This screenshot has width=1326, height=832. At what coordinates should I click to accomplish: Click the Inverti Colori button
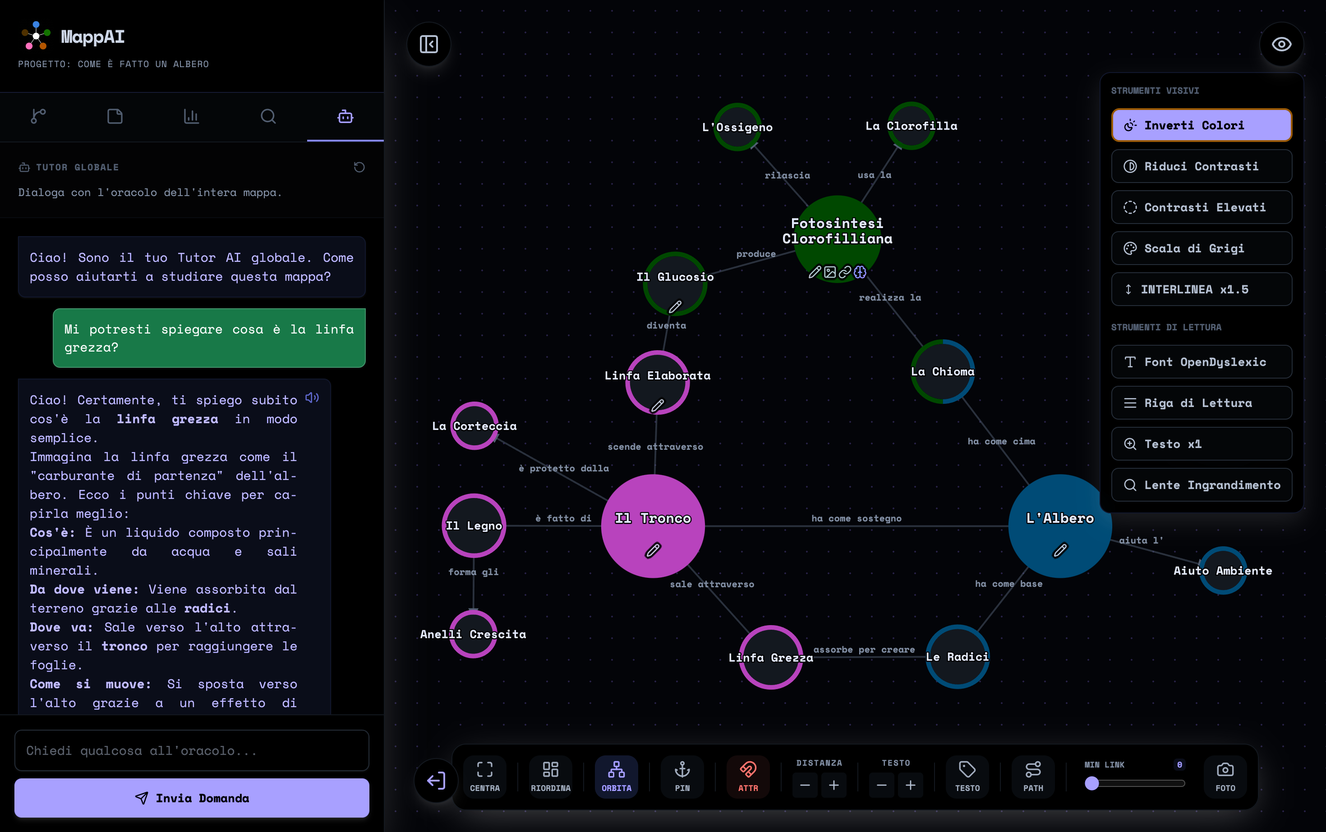click(x=1201, y=125)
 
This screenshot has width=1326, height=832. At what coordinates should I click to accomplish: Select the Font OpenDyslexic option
click(x=1201, y=362)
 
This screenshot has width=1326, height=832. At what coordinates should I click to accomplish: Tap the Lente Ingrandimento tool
click(x=1201, y=485)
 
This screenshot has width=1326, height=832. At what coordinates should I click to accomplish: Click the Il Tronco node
click(x=653, y=526)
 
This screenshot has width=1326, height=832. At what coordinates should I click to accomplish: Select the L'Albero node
click(x=1060, y=526)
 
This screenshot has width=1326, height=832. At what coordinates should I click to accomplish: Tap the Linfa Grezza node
click(x=770, y=657)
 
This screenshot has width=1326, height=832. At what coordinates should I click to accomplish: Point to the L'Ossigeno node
click(x=737, y=127)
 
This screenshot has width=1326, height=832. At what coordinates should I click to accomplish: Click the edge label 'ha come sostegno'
click(x=856, y=518)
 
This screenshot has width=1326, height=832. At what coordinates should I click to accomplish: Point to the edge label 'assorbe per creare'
click(x=864, y=650)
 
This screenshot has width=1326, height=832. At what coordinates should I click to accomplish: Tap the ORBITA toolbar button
click(x=616, y=776)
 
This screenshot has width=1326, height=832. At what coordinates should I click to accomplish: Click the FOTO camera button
click(x=1225, y=776)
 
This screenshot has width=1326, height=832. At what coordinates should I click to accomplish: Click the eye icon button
click(x=1281, y=44)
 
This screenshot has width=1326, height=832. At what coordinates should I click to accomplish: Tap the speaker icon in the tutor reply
click(x=312, y=397)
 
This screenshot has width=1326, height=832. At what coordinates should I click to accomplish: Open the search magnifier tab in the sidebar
click(x=268, y=116)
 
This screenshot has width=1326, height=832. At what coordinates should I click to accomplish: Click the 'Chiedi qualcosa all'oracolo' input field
click(x=192, y=750)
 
